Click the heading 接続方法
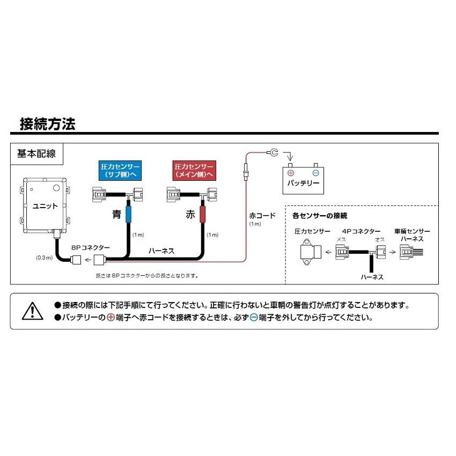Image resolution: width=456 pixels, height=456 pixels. pyautogui.click(x=47, y=124)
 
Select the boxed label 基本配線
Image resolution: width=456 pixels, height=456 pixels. pyautogui.click(x=36, y=154)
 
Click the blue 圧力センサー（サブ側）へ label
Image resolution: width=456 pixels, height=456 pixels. pyautogui.click(x=120, y=171)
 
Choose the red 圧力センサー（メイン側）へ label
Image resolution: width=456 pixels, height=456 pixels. pyautogui.click(x=193, y=171)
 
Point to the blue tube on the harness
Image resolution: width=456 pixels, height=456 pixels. pyautogui.click(x=129, y=214)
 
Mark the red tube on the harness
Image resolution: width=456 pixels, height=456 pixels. pyautogui.click(x=203, y=214)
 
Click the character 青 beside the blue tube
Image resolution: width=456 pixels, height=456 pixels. pyautogui.click(x=116, y=215)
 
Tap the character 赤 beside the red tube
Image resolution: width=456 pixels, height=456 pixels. pyautogui.click(x=190, y=215)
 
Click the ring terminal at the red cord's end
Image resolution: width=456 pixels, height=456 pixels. pyautogui.click(x=273, y=153)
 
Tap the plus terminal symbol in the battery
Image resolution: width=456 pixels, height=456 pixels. pyautogui.click(x=291, y=173)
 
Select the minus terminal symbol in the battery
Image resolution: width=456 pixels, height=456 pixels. pyautogui.click(x=315, y=173)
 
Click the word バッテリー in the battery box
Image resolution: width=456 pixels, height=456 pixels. pyautogui.click(x=303, y=183)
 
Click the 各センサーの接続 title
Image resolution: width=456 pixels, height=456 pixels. pyautogui.click(x=320, y=215)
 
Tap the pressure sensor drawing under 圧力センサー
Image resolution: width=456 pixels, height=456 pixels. pyautogui.click(x=311, y=252)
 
